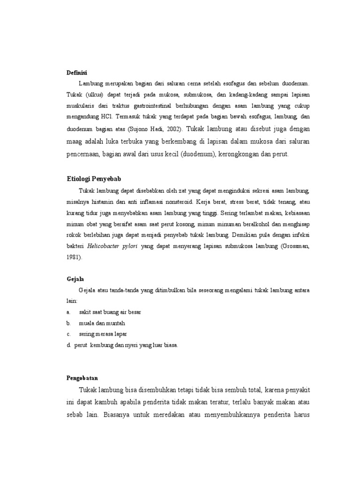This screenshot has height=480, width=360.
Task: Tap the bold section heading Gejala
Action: pos(75,278)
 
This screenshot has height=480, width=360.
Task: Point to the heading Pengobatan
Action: pos(82,377)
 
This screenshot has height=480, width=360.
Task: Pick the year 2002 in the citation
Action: pos(172,128)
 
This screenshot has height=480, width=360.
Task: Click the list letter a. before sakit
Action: pos(69,312)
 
